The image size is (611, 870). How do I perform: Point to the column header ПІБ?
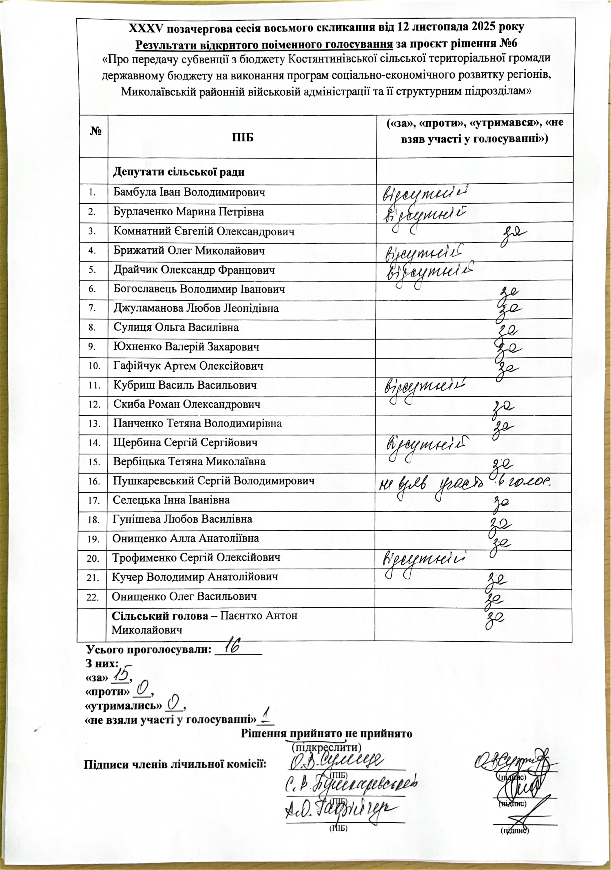242,137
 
